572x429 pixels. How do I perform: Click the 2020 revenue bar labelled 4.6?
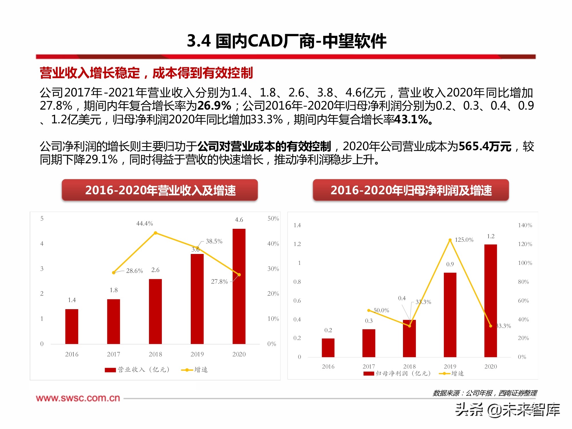(239, 286)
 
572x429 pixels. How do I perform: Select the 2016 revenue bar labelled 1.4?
(71, 326)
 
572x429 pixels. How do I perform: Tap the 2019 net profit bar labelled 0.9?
(450, 315)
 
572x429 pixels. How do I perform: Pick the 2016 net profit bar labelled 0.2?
(328, 347)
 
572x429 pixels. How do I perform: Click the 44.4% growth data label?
(144, 223)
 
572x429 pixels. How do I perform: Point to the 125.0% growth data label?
(464, 240)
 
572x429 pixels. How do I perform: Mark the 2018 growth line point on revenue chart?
(156, 233)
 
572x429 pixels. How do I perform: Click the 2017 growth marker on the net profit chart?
(369, 310)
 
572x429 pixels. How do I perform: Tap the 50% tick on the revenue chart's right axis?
(273, 219)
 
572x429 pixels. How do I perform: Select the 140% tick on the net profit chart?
(525, 225)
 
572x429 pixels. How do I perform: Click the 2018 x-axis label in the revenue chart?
(155, 354)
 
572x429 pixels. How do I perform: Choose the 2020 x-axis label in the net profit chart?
(490, 366)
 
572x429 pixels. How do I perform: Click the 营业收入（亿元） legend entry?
(137, 370)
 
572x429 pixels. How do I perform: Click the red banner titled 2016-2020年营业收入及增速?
(160, 190)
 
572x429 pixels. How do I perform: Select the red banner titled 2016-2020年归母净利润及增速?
(411, 190)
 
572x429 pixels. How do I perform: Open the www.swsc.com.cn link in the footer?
(78, 398)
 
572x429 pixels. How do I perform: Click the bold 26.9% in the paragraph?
(214, 106)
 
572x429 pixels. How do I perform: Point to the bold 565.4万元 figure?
(485, 146)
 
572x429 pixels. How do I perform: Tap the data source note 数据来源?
(484, 393)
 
